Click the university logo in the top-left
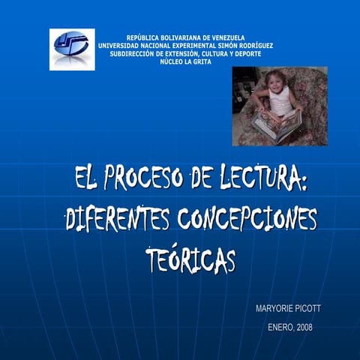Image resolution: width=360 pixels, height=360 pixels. [x=72, y=49]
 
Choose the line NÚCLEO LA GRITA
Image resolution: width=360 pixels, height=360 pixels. [x=185, y=62]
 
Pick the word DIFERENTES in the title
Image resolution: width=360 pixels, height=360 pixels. [x=118, y=220]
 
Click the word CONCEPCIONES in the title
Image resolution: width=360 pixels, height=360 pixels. [x=247, y=220]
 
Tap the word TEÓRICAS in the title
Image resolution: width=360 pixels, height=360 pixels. [x=190, y=260]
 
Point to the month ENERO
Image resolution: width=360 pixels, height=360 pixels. [x=280, y=327]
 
